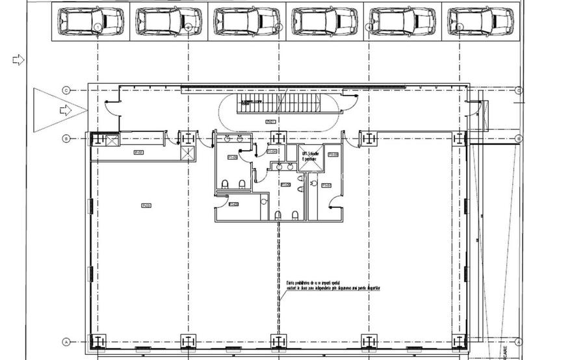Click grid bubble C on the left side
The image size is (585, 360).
click(x=66, y=90)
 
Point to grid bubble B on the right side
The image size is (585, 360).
click(x=518, y=138)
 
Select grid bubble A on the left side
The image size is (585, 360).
click(x=66, y=342)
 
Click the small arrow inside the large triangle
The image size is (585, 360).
click(x=65, y=110)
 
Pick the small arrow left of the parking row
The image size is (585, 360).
click(x=19, y=60)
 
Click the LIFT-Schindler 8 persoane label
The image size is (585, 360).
click(x=310, y=157)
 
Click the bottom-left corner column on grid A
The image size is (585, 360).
click(x=97, y=341)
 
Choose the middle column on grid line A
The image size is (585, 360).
click(x=278, y=341)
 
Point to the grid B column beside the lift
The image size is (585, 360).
click(x=278, y=138)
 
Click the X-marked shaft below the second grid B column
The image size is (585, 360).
click(x=187, y=153)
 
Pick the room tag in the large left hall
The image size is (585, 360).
click(x=146, y=206)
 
